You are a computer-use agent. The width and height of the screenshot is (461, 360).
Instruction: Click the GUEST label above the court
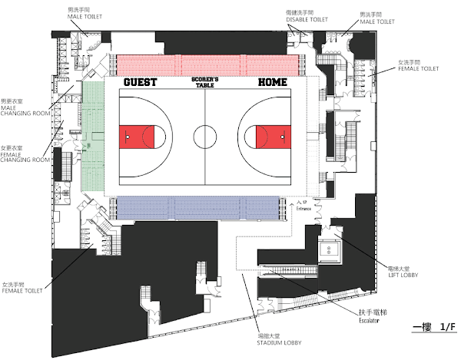[x=140, y=81]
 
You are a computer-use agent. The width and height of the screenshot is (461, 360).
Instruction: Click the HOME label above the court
[x=273, y=81]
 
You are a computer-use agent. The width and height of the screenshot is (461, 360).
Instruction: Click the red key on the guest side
[x=138, y=137]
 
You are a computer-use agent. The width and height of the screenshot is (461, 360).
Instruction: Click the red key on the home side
[x=273, y=137]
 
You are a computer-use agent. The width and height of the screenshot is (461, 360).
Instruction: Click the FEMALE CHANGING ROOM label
[x=25, y=156]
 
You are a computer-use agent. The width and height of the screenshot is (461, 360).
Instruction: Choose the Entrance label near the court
[x=306, y=206]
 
